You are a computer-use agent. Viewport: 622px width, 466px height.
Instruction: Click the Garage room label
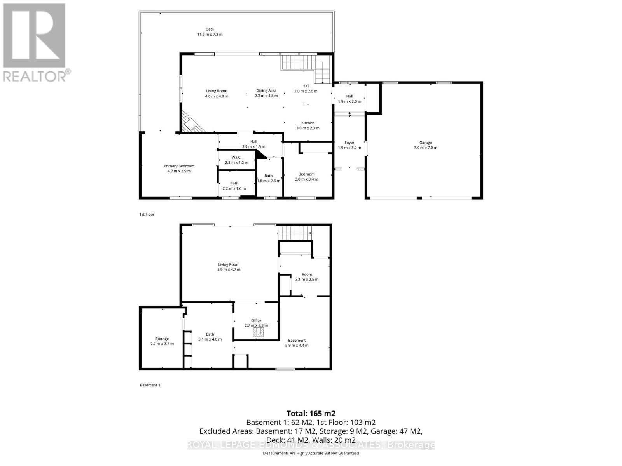pos(425,145)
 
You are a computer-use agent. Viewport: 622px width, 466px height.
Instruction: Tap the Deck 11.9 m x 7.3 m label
pos(210,32)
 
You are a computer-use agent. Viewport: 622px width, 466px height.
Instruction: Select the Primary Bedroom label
pos(179,169)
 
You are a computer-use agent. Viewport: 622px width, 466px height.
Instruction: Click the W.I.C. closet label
pos(236,160)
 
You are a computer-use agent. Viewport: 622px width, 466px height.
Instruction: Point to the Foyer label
pos(349,145)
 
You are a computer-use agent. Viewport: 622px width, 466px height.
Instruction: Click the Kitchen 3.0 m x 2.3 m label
pos(308,125)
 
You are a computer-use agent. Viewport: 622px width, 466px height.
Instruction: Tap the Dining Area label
pos(266,93)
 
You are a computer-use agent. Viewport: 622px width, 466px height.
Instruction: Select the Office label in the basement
pos(256,323)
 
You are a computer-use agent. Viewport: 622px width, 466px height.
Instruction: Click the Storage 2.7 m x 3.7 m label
pos(162,341)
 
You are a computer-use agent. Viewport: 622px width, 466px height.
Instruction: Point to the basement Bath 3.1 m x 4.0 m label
pos(210,336)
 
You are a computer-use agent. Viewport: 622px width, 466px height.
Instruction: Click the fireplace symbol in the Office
pos(258,332)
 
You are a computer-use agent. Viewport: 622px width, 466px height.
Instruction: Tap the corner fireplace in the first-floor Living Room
pos(192,123)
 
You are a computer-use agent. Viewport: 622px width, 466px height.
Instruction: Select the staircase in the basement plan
pos(295,233)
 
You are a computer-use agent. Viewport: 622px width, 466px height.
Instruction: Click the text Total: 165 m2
pos(311,413)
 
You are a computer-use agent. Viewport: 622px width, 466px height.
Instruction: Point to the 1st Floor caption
pos(147,214)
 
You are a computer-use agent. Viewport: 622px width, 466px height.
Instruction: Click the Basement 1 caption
pos(150,385)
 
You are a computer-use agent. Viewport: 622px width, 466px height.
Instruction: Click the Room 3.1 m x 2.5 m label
pos(307,276)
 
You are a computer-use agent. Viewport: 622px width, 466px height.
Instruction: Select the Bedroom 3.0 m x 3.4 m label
pos(306,177)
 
